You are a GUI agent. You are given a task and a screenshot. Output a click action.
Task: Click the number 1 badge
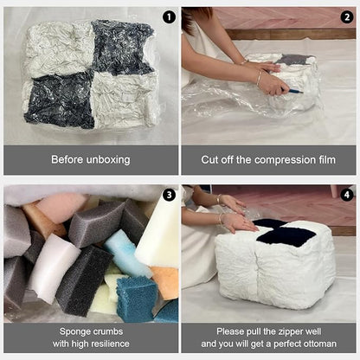168,16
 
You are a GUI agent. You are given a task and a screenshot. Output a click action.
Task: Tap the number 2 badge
347,16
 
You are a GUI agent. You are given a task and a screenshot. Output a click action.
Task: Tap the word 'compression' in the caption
273,159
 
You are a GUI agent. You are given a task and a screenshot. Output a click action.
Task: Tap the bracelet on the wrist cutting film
257,77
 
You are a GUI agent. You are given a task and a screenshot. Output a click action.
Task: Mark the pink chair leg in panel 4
335,191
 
